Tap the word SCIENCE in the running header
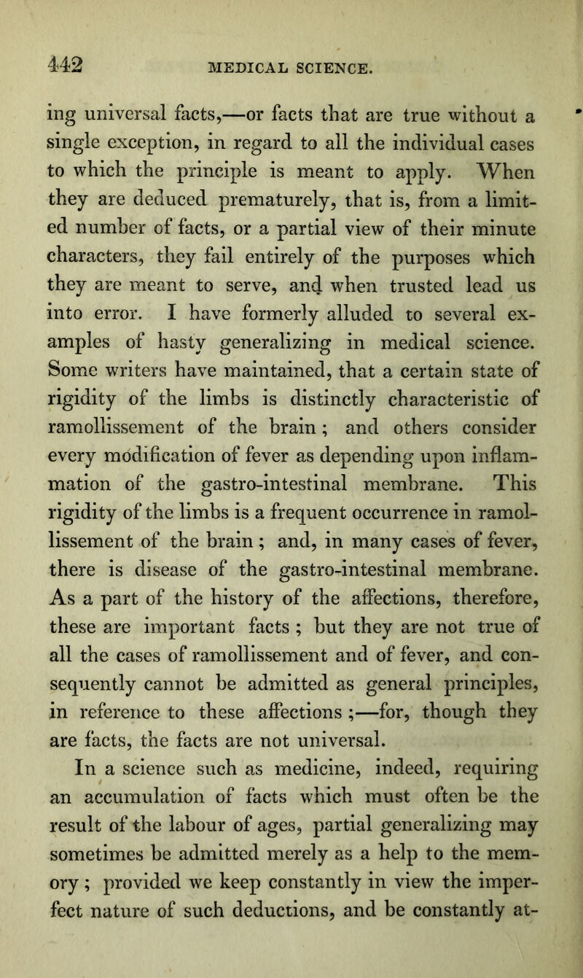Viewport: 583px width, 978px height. click(325, 69)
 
